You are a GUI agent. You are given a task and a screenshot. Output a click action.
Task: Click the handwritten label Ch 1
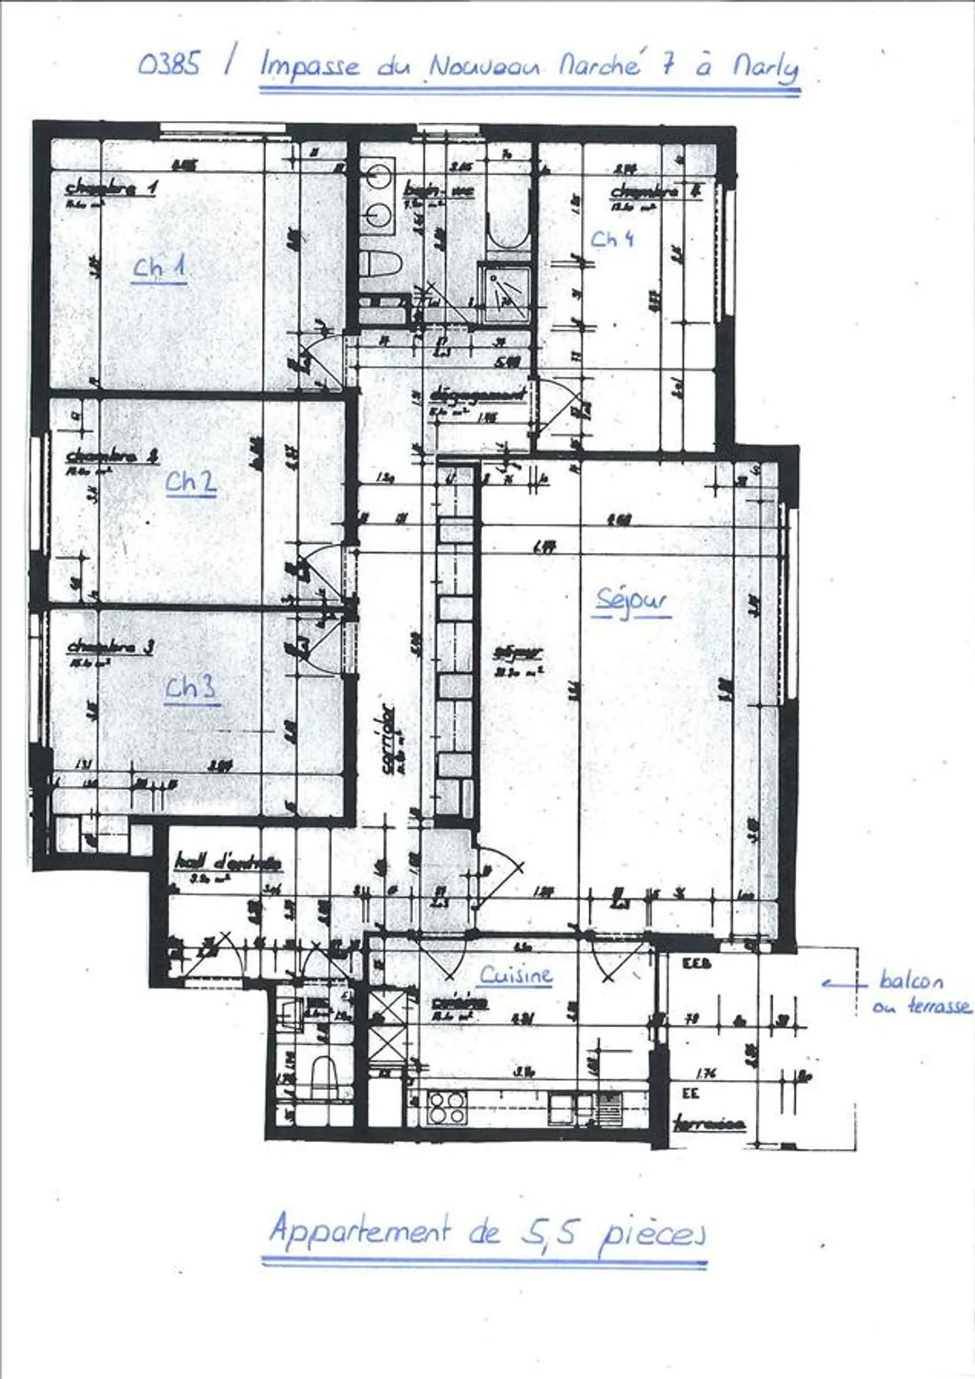point(159,268)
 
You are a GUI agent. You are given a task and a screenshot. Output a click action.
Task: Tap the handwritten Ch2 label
point(191,482)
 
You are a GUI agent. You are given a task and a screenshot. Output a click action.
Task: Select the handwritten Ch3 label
point(192,687)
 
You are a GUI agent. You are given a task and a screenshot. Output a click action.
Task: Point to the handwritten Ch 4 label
point(612,239)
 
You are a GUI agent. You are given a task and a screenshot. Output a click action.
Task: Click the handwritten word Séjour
point(632,600)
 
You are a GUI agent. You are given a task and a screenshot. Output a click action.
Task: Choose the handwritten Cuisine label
point(516,975)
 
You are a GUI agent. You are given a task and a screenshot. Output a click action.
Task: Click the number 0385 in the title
point(169,64)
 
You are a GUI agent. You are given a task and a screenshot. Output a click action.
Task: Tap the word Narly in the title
point(766,67)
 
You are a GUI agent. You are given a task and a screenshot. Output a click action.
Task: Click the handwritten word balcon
point(911,980)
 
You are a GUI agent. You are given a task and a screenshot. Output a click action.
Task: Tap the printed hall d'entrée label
point(227,863)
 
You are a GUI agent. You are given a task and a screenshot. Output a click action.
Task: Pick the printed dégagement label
point(478,395)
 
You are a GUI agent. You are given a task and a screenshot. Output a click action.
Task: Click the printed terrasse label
point(710,1124)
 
